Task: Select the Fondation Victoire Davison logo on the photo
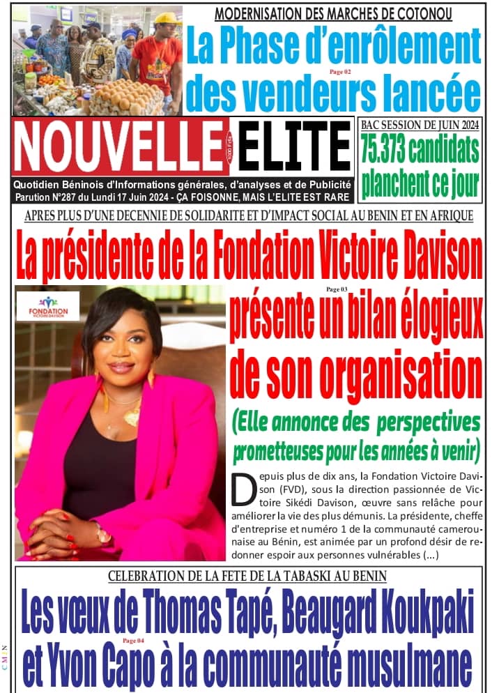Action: (48, 306)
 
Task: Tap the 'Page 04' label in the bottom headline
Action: (132, 639)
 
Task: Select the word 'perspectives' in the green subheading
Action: (436, 421)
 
